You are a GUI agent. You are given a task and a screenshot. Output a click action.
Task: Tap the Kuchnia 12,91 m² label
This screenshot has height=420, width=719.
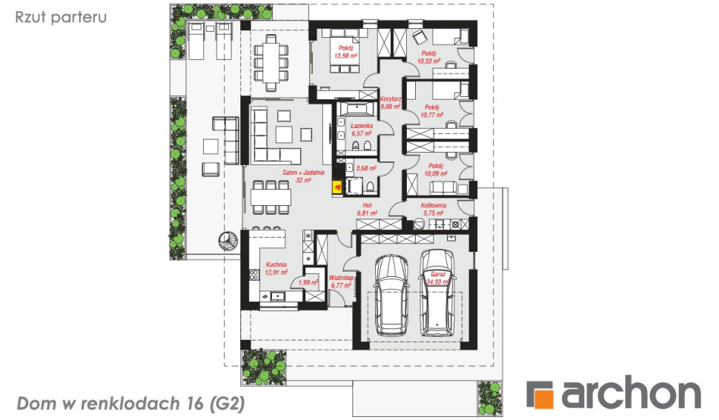276,268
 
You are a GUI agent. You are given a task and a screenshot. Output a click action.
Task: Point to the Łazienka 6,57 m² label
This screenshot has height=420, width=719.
361,130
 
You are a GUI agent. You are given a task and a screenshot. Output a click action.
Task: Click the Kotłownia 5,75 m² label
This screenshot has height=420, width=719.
434,210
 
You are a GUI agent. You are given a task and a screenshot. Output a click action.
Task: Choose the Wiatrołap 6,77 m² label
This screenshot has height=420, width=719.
341,281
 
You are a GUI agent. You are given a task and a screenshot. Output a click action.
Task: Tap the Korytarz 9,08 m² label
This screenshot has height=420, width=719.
391,103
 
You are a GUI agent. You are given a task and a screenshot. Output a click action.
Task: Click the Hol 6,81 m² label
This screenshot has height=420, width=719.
367,210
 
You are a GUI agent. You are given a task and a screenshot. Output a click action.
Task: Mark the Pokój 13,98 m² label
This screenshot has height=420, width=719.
345,52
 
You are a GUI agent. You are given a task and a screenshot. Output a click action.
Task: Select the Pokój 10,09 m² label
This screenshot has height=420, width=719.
436,170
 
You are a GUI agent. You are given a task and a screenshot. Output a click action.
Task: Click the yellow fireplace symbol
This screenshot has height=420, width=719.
337,187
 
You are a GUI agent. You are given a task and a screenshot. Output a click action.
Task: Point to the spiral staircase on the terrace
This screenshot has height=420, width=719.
228,241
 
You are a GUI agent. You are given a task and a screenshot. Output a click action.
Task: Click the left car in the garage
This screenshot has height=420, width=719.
391,296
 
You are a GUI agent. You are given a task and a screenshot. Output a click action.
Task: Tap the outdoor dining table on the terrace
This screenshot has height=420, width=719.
271,61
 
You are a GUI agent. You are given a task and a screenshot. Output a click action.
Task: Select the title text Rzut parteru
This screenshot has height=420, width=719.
61,17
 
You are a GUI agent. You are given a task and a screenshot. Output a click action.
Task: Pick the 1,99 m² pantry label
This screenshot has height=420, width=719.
308,283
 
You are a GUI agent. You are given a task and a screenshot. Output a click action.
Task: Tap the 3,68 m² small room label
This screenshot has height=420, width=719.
366,168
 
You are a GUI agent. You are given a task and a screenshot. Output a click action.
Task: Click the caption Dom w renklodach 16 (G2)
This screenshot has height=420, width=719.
131,404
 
